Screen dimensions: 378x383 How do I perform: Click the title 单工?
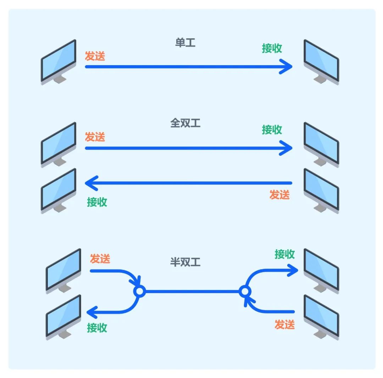click(x=185, y=43)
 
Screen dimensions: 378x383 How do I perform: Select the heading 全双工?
click(x=185, y=123)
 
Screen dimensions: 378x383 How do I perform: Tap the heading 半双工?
click(x=185, y=262)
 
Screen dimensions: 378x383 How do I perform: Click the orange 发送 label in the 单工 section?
click(x=95, y=56)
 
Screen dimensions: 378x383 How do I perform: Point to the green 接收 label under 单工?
click(x=272, y=48)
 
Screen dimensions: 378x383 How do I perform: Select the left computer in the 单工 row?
click(x=59, y=62)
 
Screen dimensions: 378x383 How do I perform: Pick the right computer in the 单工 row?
click(x=321, y=62)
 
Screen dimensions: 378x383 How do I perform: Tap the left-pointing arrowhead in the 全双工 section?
click(x=90, y=183)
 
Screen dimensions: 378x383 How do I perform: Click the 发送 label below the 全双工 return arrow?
click(x=279, y=194)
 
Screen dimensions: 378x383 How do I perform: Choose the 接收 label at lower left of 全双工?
click(x=97, y=202)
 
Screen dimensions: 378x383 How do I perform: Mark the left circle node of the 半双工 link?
click(x=139, y=292)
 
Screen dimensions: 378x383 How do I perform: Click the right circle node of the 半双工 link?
click(x=244, y=292)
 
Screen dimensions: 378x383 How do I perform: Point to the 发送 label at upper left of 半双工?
click(x=100, y=259)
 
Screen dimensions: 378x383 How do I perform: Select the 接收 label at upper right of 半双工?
click(x=285, y=254)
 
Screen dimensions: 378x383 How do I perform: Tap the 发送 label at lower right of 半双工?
click(x=285, y=324)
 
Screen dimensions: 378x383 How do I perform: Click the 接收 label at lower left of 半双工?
click(x=97, y=328)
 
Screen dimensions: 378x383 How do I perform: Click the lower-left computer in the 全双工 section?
click(x=59, y=191)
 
